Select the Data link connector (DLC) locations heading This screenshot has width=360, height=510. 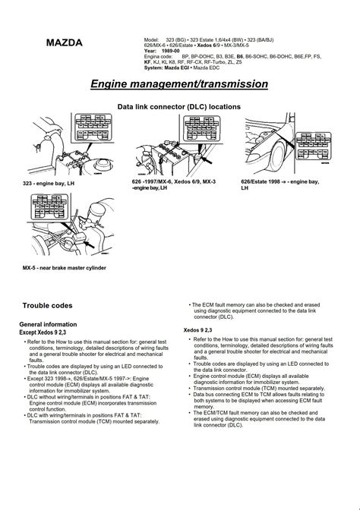tap(179, 108)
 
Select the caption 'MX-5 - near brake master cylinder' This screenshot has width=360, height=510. tap(64, 268)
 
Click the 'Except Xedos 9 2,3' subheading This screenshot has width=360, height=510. tap(50, 332)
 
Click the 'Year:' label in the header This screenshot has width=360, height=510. tap(150, 51)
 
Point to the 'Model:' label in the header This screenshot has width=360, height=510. tap(151, 39)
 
